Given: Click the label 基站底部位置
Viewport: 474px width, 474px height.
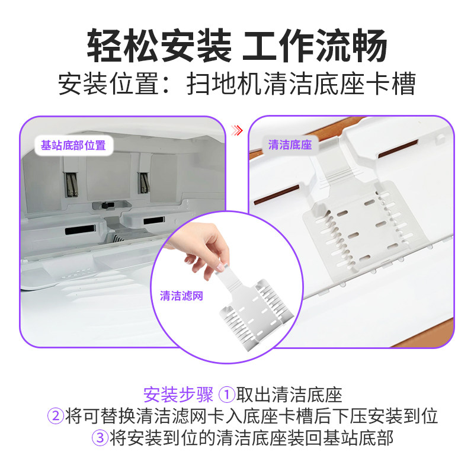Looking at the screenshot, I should coord(73,145).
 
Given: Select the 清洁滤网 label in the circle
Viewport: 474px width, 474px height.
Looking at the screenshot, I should coord(181,296).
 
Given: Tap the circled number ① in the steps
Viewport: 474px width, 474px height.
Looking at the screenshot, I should coord(228,395).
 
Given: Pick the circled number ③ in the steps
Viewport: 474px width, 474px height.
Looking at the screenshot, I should coord(99,438).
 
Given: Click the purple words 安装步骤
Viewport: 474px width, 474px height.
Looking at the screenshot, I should coord(178,395).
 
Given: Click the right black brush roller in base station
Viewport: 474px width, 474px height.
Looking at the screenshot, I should coord(143,181).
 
